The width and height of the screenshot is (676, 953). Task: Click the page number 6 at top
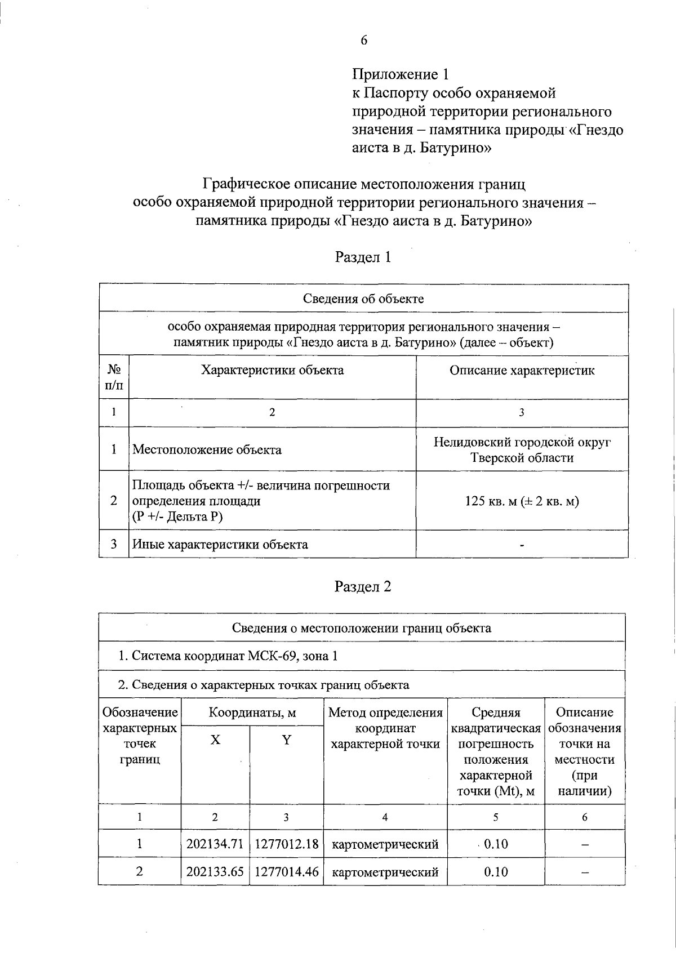(x=364, y=40)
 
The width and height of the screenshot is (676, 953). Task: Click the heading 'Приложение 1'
(x=401, y=74)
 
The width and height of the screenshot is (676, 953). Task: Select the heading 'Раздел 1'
(x=363, y=257)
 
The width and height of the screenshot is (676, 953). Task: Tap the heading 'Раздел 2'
(x=363, y=586)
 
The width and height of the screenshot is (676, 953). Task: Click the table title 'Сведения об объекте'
(x=363, y=299)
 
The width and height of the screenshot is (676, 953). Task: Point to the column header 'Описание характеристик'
(x=522, y=371)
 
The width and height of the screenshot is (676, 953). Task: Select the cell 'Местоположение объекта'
(x=207, y=449)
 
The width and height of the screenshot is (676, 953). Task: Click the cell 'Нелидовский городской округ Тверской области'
(x=522, y=449)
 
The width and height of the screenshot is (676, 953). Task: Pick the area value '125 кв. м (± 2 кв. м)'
(x=522, y=501)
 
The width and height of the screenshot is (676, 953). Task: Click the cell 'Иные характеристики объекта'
(x=220, y=544)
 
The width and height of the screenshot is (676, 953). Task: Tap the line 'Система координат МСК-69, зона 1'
(x=228, y=656)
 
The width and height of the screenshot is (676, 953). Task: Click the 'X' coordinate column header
(x=215, y=740)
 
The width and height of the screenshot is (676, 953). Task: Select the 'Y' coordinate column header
(x=286, y=740)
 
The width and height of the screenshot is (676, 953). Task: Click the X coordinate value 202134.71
(x=215, y=844)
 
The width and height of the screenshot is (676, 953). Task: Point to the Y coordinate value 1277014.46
(x=286, y=872)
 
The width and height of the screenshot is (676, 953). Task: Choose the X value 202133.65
(x=215, y=872)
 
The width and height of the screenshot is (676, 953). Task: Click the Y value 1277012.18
(x=286, y=844)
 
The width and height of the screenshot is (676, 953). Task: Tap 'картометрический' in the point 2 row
(x=385, y=872)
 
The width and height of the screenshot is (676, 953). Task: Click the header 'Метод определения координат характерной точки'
(x=385, y=728)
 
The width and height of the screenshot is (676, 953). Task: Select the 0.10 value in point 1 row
(x=496, y=844)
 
